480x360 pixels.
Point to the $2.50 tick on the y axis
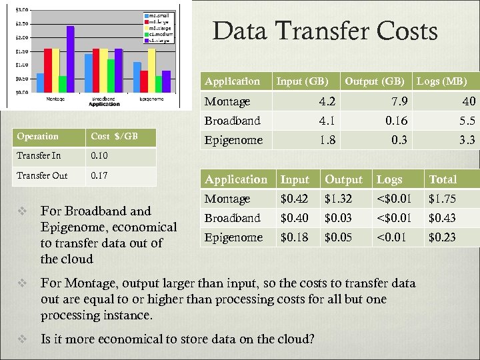tap(22, 23)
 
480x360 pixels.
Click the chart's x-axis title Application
tap(104, 105)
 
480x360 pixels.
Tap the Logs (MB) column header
tap(441, 81)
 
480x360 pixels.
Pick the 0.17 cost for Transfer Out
tap(99, 176)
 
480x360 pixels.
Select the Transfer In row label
tap(38, 156)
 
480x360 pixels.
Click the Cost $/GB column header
tap(114, 137)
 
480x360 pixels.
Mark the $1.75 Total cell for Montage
tap(442, 199)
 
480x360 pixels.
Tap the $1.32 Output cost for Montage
tap(339, 199)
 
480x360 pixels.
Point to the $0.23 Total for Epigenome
tap(442, 237)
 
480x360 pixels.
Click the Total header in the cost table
tap(443, 179)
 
